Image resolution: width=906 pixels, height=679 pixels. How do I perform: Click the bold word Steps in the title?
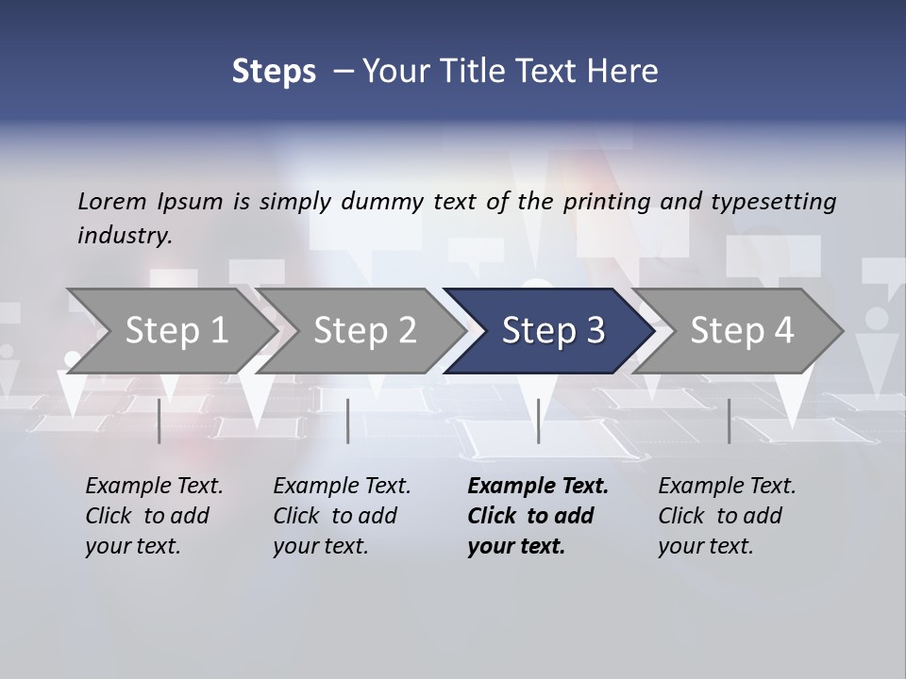click(x=274, y=72)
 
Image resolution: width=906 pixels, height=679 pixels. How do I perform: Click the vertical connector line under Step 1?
click(x=159, y=421)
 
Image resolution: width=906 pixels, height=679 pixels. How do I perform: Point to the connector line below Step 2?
click(x=348, y=421)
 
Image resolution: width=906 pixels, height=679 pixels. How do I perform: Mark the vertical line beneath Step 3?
click(x=538, y=421)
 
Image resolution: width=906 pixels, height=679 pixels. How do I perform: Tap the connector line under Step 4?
click(x=729, y=421)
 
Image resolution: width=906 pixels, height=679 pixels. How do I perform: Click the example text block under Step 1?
click(x=154, y=516)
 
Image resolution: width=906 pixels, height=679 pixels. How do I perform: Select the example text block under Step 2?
click(x=342, y=516)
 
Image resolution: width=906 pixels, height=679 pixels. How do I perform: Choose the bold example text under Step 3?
click(x=538, y=516)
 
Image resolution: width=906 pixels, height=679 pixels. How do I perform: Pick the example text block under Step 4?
click(x=727, y=516)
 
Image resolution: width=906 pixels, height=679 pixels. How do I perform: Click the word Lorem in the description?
click(x=112, y=202)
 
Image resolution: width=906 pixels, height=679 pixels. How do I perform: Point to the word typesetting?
click(x=773, y=202)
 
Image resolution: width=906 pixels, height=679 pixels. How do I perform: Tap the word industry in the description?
click(x=125, y=236)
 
